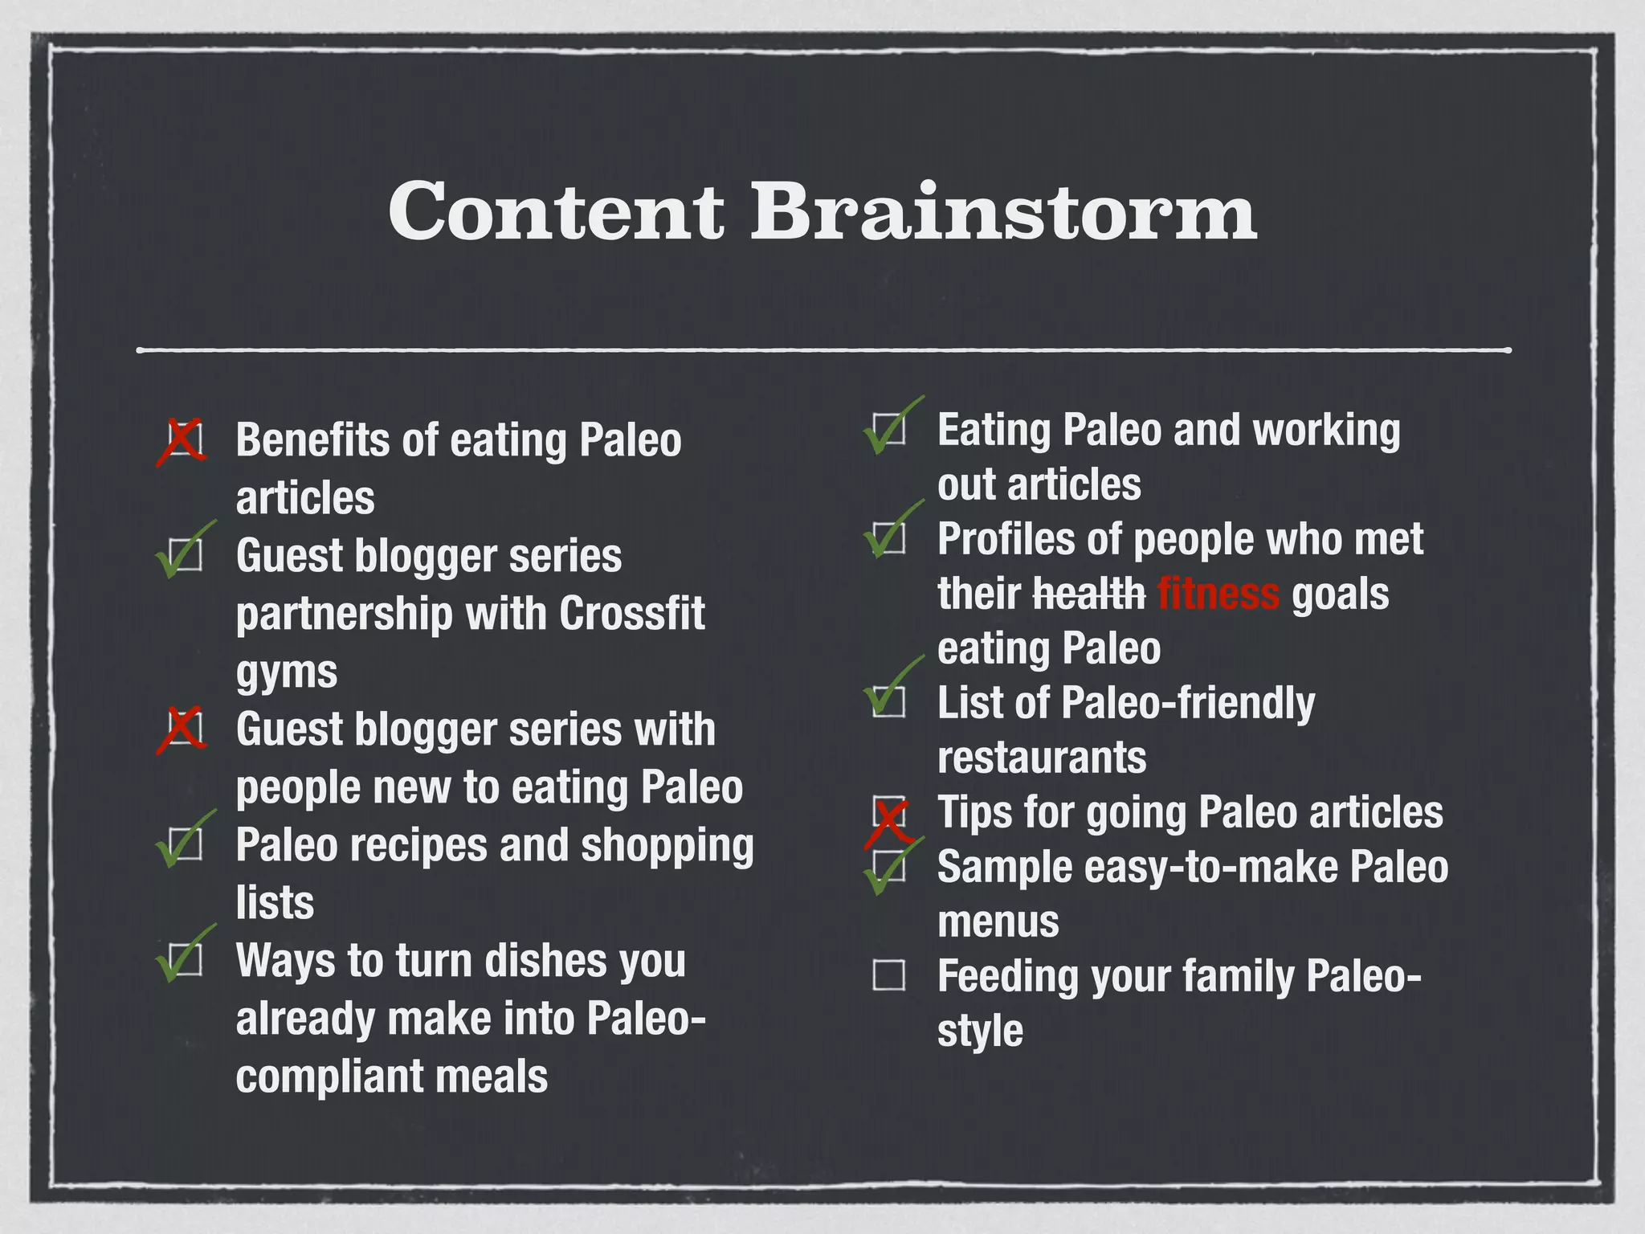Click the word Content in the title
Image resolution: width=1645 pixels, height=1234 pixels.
pyautogui.click(x=556, y=210)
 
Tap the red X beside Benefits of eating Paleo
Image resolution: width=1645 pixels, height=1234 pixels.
pyautogui.click(x=182, y=441)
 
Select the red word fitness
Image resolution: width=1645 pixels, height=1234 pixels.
pyautogui.click(x=1218, y=594)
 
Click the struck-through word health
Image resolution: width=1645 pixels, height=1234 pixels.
pyautogui.click(x=1088, y=594)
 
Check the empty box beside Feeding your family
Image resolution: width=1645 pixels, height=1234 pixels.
pyautogui.click(x=888, y=975)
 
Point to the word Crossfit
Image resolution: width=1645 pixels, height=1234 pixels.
pyautogui.click(x=631, y=614)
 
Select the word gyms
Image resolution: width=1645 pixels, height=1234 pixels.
pyautogui.click(x=286, y=673)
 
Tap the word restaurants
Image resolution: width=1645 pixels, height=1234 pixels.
pyautogui.click(x=1042, y=757)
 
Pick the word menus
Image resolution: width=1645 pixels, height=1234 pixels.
pyautogui.click(x=998, y=921)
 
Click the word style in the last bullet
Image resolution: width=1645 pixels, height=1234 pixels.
pyautogui.click(x=980, y=1031)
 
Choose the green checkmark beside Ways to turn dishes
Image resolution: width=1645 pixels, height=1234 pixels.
pyautogui.click(x=183, y=956)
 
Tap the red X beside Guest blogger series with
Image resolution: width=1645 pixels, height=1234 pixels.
pyautogui.click(x=182, y=730)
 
